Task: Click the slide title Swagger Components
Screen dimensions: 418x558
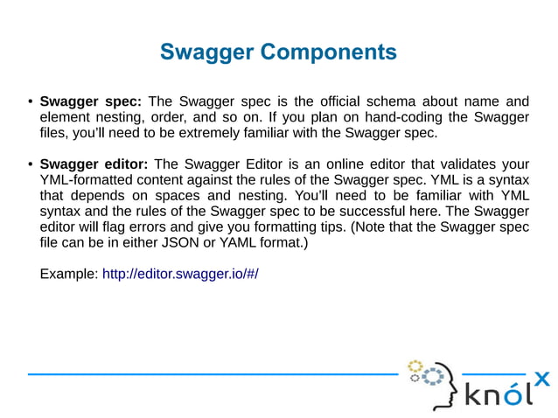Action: click(278, 52)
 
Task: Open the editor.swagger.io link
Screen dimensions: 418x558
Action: click(181, 274)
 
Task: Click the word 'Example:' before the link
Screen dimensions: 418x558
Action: click(69, 274)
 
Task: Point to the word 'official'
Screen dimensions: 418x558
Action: click(359, 101)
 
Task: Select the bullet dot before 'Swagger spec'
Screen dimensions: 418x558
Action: click(30, 101)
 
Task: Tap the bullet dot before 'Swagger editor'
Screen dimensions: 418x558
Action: click(30, 164)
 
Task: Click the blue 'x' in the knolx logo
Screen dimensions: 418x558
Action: click(542, 379)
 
